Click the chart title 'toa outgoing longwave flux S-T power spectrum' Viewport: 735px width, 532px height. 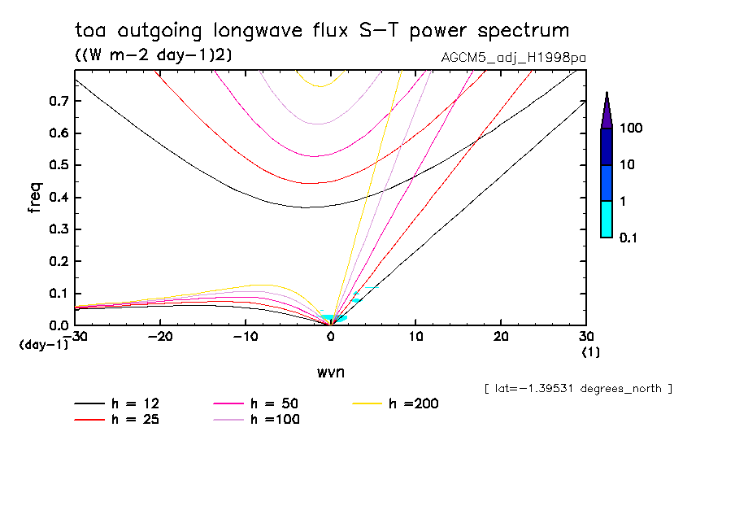322,31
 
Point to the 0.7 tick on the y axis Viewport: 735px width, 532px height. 58,101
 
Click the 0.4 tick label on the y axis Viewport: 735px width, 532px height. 58,198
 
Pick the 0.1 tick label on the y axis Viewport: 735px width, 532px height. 58,294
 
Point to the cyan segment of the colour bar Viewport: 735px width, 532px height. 607,219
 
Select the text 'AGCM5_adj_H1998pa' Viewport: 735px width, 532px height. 513,58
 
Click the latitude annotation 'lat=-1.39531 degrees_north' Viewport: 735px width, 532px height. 578,388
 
